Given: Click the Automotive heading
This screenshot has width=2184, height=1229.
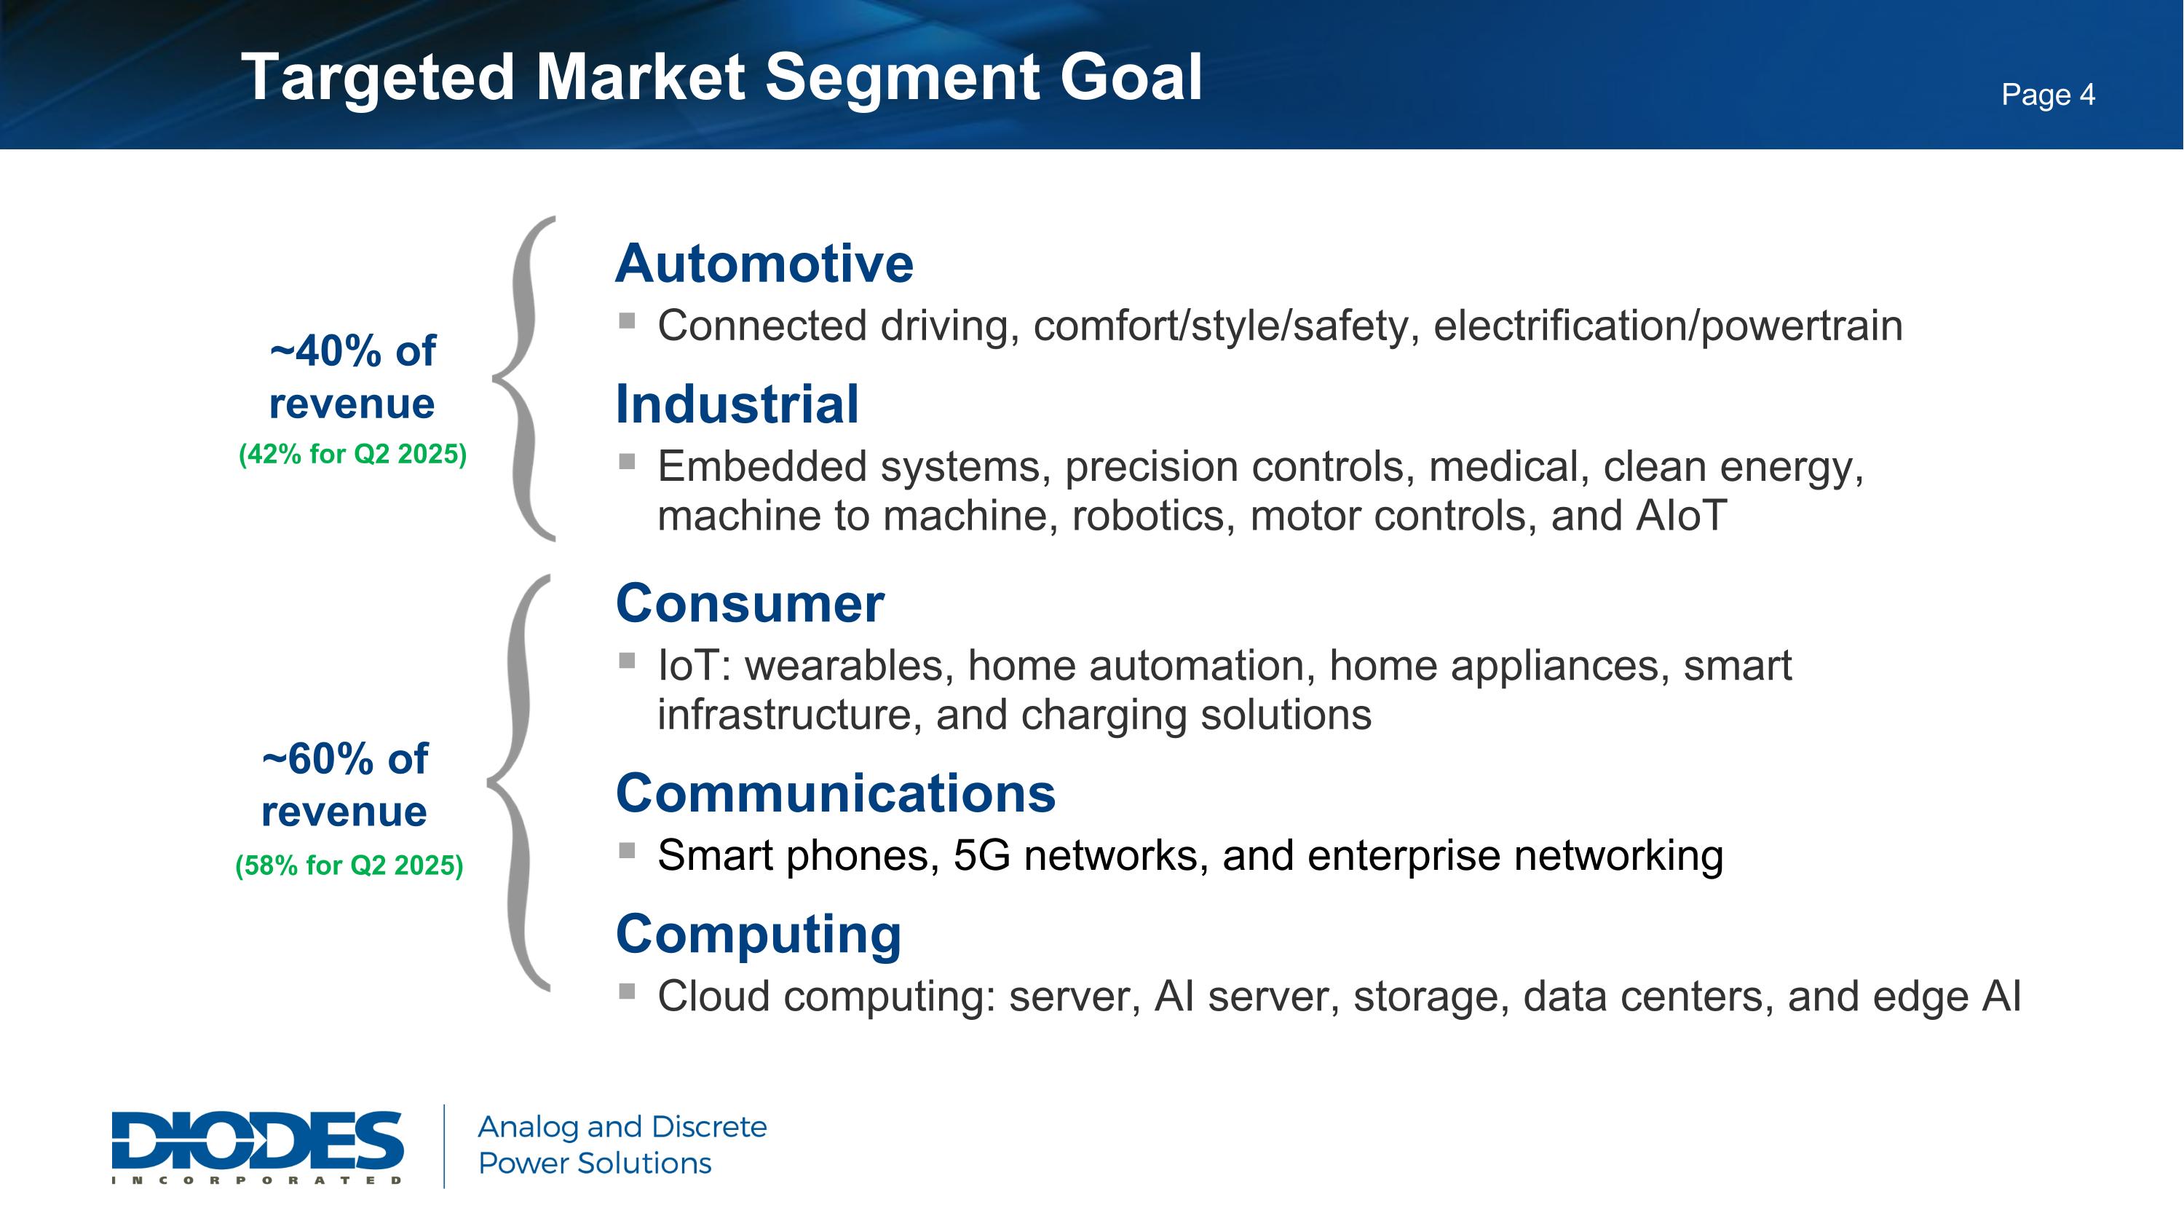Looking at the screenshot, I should coord(764,264).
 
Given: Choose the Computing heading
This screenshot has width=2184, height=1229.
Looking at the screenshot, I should coord(758,934).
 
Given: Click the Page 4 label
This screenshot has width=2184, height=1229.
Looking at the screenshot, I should coord(2047,94).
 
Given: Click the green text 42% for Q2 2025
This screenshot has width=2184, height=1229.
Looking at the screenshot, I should coord(352,455).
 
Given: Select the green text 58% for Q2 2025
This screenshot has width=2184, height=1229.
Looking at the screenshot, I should coord(349,865).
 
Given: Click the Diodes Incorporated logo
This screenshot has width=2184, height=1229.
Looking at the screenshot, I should coord(257,1145).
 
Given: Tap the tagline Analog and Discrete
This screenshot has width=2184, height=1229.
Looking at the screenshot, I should coord(622,1126).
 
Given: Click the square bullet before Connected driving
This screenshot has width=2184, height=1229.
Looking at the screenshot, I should coord(628,321).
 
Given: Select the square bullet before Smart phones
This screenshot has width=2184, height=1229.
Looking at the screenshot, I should coord(628,850).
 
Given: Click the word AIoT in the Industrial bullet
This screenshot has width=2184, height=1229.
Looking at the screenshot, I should coord(1680,516).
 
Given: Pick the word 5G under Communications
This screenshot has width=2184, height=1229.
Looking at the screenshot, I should coord(981,855).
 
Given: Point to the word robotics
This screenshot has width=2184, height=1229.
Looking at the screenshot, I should coord(1148,516).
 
